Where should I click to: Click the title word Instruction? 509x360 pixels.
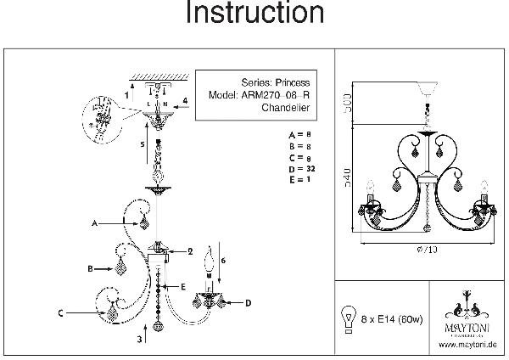click(x=255, y=14)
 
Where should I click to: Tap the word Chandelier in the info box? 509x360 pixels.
click(x=283, y=109)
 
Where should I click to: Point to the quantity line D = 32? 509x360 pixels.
click(x=302, y=170)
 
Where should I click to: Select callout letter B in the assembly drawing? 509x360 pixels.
click(x=89, y=268)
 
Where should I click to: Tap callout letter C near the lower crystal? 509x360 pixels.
click(x=62, y=313)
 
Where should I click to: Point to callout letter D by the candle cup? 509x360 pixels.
click(x=249, y=302)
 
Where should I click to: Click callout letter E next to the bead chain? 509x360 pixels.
click(x=182, y=287)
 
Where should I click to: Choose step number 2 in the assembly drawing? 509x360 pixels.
click(x=192, y=251)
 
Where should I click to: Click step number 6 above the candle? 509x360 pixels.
click(x=221, y=258)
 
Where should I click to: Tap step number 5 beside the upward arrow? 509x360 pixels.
click(x=143, y=145)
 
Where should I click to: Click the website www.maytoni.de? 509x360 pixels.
click(x=467, y=345)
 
